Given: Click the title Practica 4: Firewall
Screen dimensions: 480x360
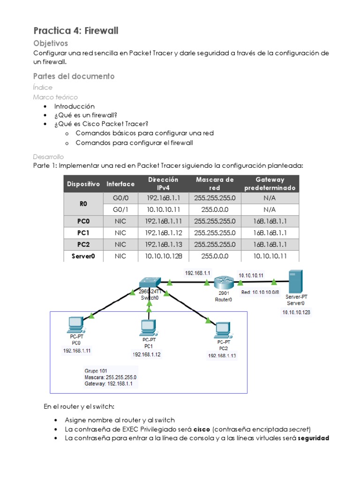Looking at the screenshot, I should coord(76,31).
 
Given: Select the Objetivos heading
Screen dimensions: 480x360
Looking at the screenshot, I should coord(51,43).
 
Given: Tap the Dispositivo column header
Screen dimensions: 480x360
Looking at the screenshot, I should coord(83,184).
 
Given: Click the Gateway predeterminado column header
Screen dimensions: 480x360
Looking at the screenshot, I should coord(270,184).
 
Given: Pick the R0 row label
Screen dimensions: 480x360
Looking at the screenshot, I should coord(83,204).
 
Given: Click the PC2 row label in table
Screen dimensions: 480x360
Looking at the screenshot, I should coord(83,244).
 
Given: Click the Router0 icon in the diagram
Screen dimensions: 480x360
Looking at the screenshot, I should coord(224,283).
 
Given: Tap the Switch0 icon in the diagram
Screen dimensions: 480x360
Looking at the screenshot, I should coord(149,281).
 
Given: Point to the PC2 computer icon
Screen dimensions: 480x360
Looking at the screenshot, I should coord(223,330).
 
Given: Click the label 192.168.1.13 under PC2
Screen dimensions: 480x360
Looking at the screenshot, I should coord(222,356).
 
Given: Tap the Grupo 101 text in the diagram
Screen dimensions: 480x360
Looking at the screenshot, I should coord(96,370).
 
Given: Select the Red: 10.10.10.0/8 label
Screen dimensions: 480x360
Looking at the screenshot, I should coord(260,292).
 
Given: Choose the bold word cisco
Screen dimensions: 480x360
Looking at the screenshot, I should coord(202,429).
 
